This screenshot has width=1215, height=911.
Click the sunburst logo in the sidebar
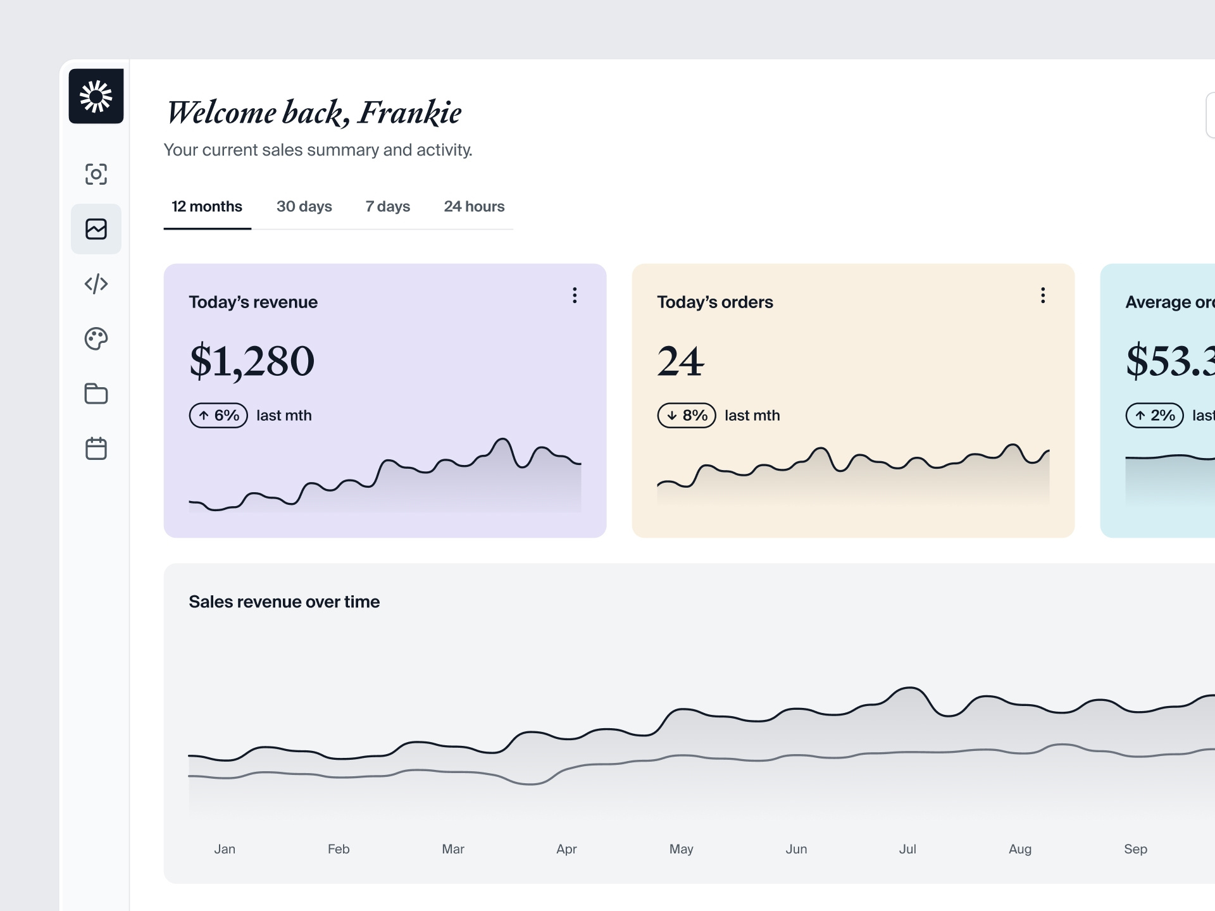click(96, 96)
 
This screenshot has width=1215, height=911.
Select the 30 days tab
click(304, 207)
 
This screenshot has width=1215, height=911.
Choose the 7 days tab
click(387, 207)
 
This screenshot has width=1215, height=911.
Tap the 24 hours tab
click(474, 207)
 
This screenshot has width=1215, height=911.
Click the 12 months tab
click(207, 207)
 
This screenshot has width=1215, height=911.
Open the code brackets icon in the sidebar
click(96, 284)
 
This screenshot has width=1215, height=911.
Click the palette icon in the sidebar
click(96, 339)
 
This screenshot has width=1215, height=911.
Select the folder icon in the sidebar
click(96, 394)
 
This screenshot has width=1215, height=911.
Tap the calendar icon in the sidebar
click(96, 449)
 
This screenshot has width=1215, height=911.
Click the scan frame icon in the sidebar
click(96, 174)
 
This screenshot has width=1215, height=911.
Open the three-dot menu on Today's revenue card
click(575, 295)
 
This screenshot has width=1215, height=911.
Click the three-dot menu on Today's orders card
click(1043, 295)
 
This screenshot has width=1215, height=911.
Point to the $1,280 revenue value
click(252, 361)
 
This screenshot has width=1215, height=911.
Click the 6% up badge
click(218, 416)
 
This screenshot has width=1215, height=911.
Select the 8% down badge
click(687, 416)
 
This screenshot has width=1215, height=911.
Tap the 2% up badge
click(1154, 416)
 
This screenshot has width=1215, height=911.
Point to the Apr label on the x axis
click(566, 849)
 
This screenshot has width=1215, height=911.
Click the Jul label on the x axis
click(907, 849)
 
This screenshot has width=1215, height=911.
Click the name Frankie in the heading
click(409, 113)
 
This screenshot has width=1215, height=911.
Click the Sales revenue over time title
click(284, 602)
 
